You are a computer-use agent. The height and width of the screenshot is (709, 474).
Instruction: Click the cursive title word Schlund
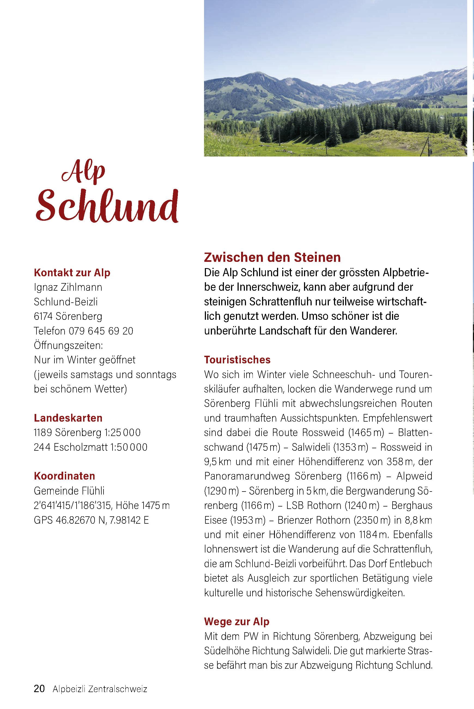107,206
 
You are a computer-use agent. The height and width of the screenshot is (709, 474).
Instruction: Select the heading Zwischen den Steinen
272,257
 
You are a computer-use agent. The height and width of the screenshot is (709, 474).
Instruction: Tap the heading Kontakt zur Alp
72,273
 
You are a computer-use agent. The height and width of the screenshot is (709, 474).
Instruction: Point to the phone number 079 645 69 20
101,331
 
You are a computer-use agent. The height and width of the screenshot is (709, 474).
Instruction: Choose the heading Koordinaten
64,476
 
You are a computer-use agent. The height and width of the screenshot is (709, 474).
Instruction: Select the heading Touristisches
237,360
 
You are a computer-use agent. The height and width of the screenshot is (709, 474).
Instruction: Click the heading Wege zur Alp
237,622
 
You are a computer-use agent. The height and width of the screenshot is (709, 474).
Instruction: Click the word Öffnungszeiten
68,345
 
